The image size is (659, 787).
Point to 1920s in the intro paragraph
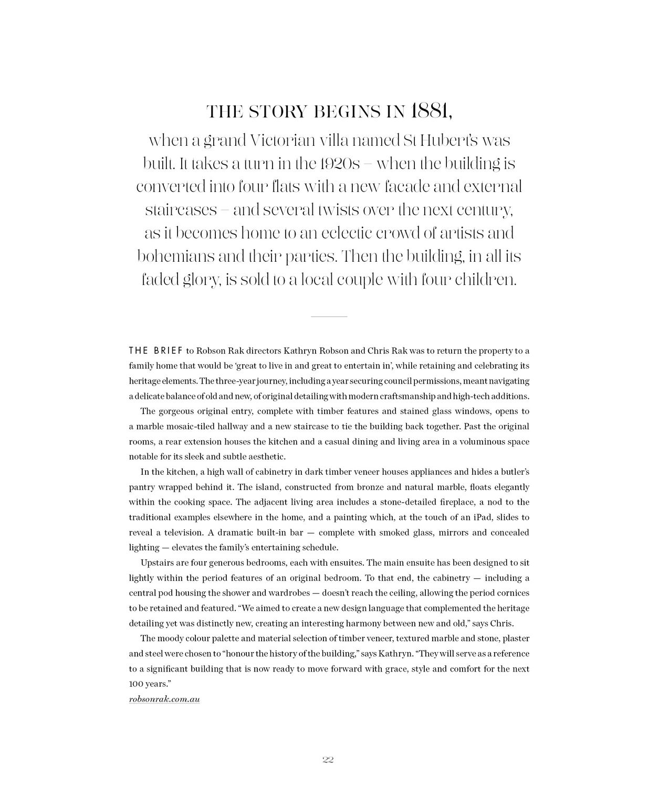[339, 164]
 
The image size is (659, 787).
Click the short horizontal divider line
[329, 317]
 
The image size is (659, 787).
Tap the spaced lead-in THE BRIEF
[156, 350]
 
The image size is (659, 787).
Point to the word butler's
[514, 472]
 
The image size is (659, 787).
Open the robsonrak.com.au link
[164, 700]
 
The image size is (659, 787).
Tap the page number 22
[329, 760]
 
